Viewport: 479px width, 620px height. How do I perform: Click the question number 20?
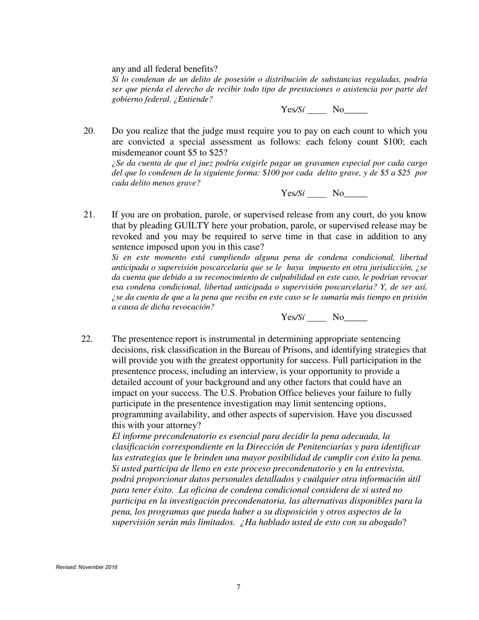pyautogui.click(x=89, y=132)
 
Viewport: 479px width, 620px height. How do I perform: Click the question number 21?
pyautogui.click(x=89, y=215)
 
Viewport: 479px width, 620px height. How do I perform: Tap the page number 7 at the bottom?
pyautogui.click(x=238, y=587)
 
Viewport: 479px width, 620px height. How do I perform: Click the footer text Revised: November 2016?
pyautogui.click(x=87, y=567)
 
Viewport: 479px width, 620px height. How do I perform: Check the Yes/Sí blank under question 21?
pyautogui.click(x=317, y=318)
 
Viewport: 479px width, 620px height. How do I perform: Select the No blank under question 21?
pyautogui.click(x=356, y=318)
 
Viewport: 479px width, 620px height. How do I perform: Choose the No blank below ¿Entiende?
pyautogui.click(x=356, y=110)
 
